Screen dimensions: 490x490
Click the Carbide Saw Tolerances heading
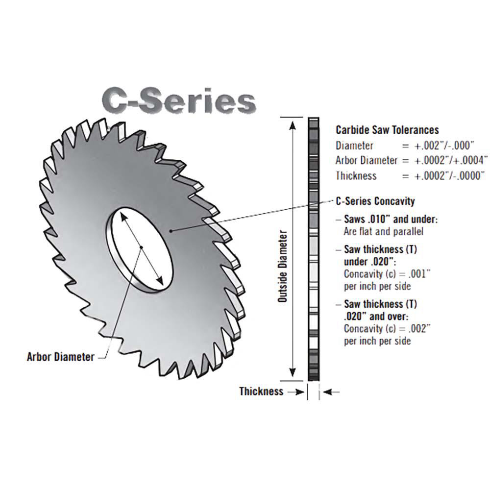pyautogui.click(x=387, y=130)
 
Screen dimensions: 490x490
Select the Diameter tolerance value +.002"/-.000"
pyautogui.click(x=445, y=146)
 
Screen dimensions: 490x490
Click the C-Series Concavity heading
pyautogui.click(x=375, y=201)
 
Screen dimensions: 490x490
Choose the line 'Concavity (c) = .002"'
pyautogui.click(x=387, y=328)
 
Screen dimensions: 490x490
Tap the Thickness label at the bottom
pyautogui.click(x=261, y=392)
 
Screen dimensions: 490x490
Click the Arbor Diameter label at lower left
pyautogui.click(x=60, y=357)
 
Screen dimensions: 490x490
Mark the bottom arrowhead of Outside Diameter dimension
pyautogui.click(x=293, y=374)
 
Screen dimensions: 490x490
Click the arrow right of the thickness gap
pyautogui.click(x=332, y=392)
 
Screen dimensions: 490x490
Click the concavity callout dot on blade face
pyautogui.click(x=170, y=230)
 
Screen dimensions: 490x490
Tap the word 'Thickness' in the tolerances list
pyautogui.click(x=356, y=175)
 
